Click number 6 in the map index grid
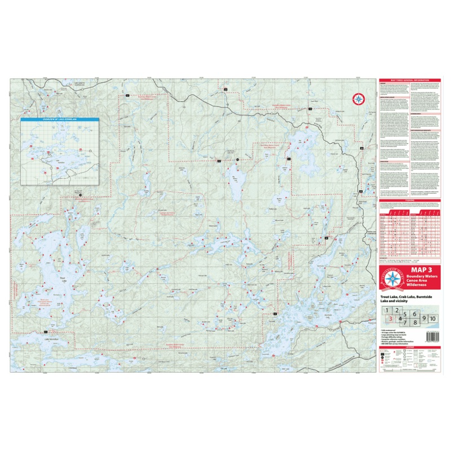coord(414,313)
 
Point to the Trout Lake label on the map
coord(63,277)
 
